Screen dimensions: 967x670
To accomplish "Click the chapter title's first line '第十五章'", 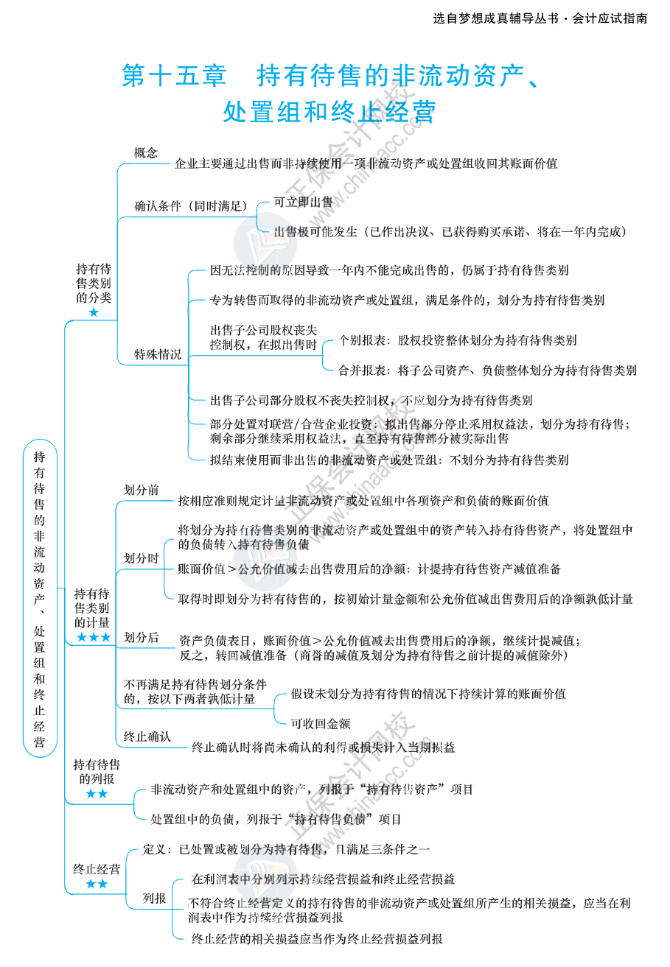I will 174,76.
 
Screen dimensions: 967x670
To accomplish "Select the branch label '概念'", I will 146,153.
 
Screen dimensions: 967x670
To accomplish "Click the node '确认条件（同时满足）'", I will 191,207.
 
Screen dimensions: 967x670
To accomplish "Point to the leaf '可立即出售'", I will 303,202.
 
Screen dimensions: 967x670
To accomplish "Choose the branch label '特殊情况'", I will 158,355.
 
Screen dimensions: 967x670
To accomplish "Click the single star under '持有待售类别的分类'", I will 94,313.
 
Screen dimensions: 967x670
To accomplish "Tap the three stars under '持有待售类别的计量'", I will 94,637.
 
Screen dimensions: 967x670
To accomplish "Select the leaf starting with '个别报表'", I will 457,340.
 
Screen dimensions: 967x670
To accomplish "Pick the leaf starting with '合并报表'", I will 487,370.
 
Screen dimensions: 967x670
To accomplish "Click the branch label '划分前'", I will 142,490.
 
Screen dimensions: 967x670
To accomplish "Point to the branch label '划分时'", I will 142,559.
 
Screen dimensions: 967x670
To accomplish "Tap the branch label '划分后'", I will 142,638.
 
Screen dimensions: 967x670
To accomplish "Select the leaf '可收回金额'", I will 320,724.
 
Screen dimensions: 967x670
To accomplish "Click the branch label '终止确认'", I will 147,736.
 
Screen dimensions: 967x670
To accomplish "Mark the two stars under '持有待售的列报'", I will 97,794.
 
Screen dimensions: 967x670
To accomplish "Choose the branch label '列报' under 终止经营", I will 154,899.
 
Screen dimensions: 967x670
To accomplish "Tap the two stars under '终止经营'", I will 97,884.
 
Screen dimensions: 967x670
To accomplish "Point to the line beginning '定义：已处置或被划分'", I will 286,850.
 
